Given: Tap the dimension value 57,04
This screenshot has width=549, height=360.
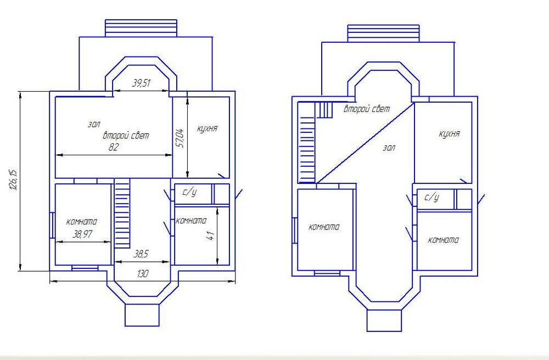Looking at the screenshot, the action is tap(181, 138).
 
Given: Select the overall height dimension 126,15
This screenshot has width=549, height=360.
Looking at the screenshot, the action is tap(13, 180).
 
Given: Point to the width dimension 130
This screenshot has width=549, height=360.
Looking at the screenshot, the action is tap(142, 274).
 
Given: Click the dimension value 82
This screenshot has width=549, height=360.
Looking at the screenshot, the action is tap(114, 147).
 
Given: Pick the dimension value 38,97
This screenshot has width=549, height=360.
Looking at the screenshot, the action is tap(82, 234).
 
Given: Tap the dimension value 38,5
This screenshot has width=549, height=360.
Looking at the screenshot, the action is tap(141, 254).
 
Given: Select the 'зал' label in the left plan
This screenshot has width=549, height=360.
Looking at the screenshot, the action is tap(94, 124).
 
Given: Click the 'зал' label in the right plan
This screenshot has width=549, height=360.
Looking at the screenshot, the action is tap(389, 148).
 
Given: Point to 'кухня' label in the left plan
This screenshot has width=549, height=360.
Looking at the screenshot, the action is tap(207, 129).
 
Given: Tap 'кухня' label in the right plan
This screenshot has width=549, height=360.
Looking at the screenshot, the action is tap(449, 134).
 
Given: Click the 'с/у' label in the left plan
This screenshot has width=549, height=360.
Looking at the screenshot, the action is tap(189, 192).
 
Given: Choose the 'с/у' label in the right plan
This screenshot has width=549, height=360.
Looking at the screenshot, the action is tap(432, 198).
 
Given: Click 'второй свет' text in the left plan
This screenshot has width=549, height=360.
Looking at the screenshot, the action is tap(126, 136).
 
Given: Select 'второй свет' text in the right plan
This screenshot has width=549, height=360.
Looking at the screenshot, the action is tap(367, 109).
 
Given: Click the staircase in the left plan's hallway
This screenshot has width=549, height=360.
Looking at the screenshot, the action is tap(122, 213).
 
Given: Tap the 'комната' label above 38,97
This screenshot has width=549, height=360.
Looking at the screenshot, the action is tap(82, 222).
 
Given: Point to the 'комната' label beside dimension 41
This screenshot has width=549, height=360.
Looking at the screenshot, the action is tap(191, 221).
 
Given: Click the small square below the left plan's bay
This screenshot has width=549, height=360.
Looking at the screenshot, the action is tap(142, 315).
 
